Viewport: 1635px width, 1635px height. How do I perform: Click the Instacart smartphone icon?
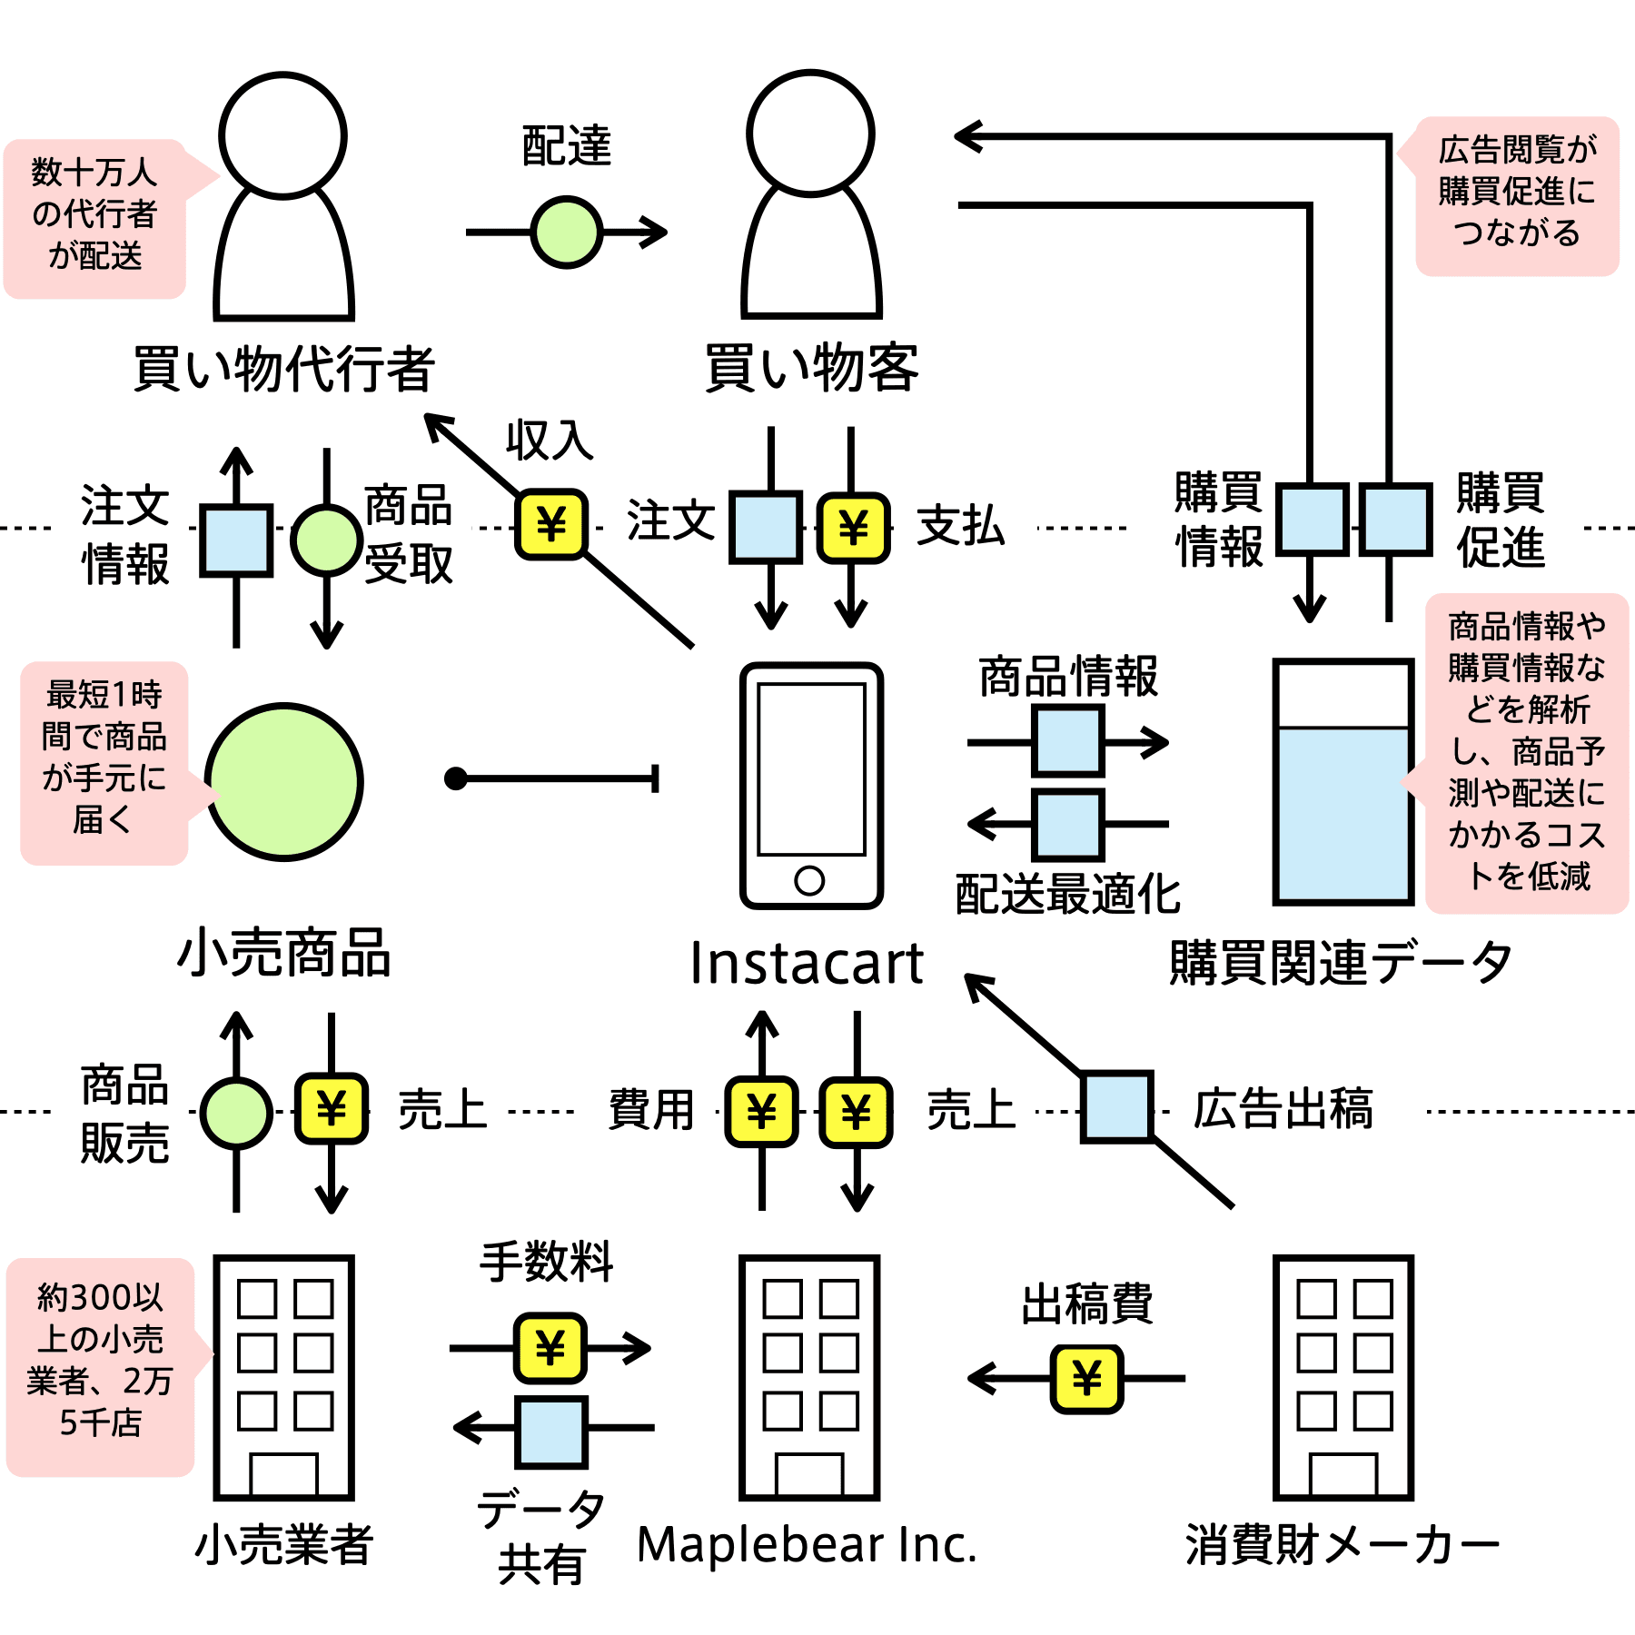point(811,786)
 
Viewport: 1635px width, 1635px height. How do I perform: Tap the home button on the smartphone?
point(809,879)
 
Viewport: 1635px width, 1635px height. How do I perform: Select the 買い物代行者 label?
point(284,368)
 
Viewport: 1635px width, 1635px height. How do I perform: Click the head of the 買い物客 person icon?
point(811,134)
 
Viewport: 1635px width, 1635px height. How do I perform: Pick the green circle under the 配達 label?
point(567,233)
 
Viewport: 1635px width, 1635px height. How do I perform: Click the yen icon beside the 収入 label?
point(551,524)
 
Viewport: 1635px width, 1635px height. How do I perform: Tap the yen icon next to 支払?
point(853,527)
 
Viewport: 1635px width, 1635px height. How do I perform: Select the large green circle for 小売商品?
point(284,781)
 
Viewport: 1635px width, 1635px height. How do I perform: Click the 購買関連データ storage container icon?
point(1343,782)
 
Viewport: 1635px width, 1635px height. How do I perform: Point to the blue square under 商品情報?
point(1068,741)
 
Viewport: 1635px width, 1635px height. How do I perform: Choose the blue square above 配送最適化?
point(1068,825)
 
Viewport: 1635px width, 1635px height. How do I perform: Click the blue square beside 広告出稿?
point(1117,1106)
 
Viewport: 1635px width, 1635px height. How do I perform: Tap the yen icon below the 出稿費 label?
point(1086,1379)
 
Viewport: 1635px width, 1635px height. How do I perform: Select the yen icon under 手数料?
point(550,1347)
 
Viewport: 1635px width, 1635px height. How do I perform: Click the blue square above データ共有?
point(550,1432)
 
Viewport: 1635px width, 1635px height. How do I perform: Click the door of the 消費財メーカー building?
point(1343,1474)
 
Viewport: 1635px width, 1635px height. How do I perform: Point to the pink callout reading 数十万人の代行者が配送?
point(95,218)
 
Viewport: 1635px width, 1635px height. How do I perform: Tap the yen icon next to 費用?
point(761,1111)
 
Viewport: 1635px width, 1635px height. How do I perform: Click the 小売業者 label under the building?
point(284,1544)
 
